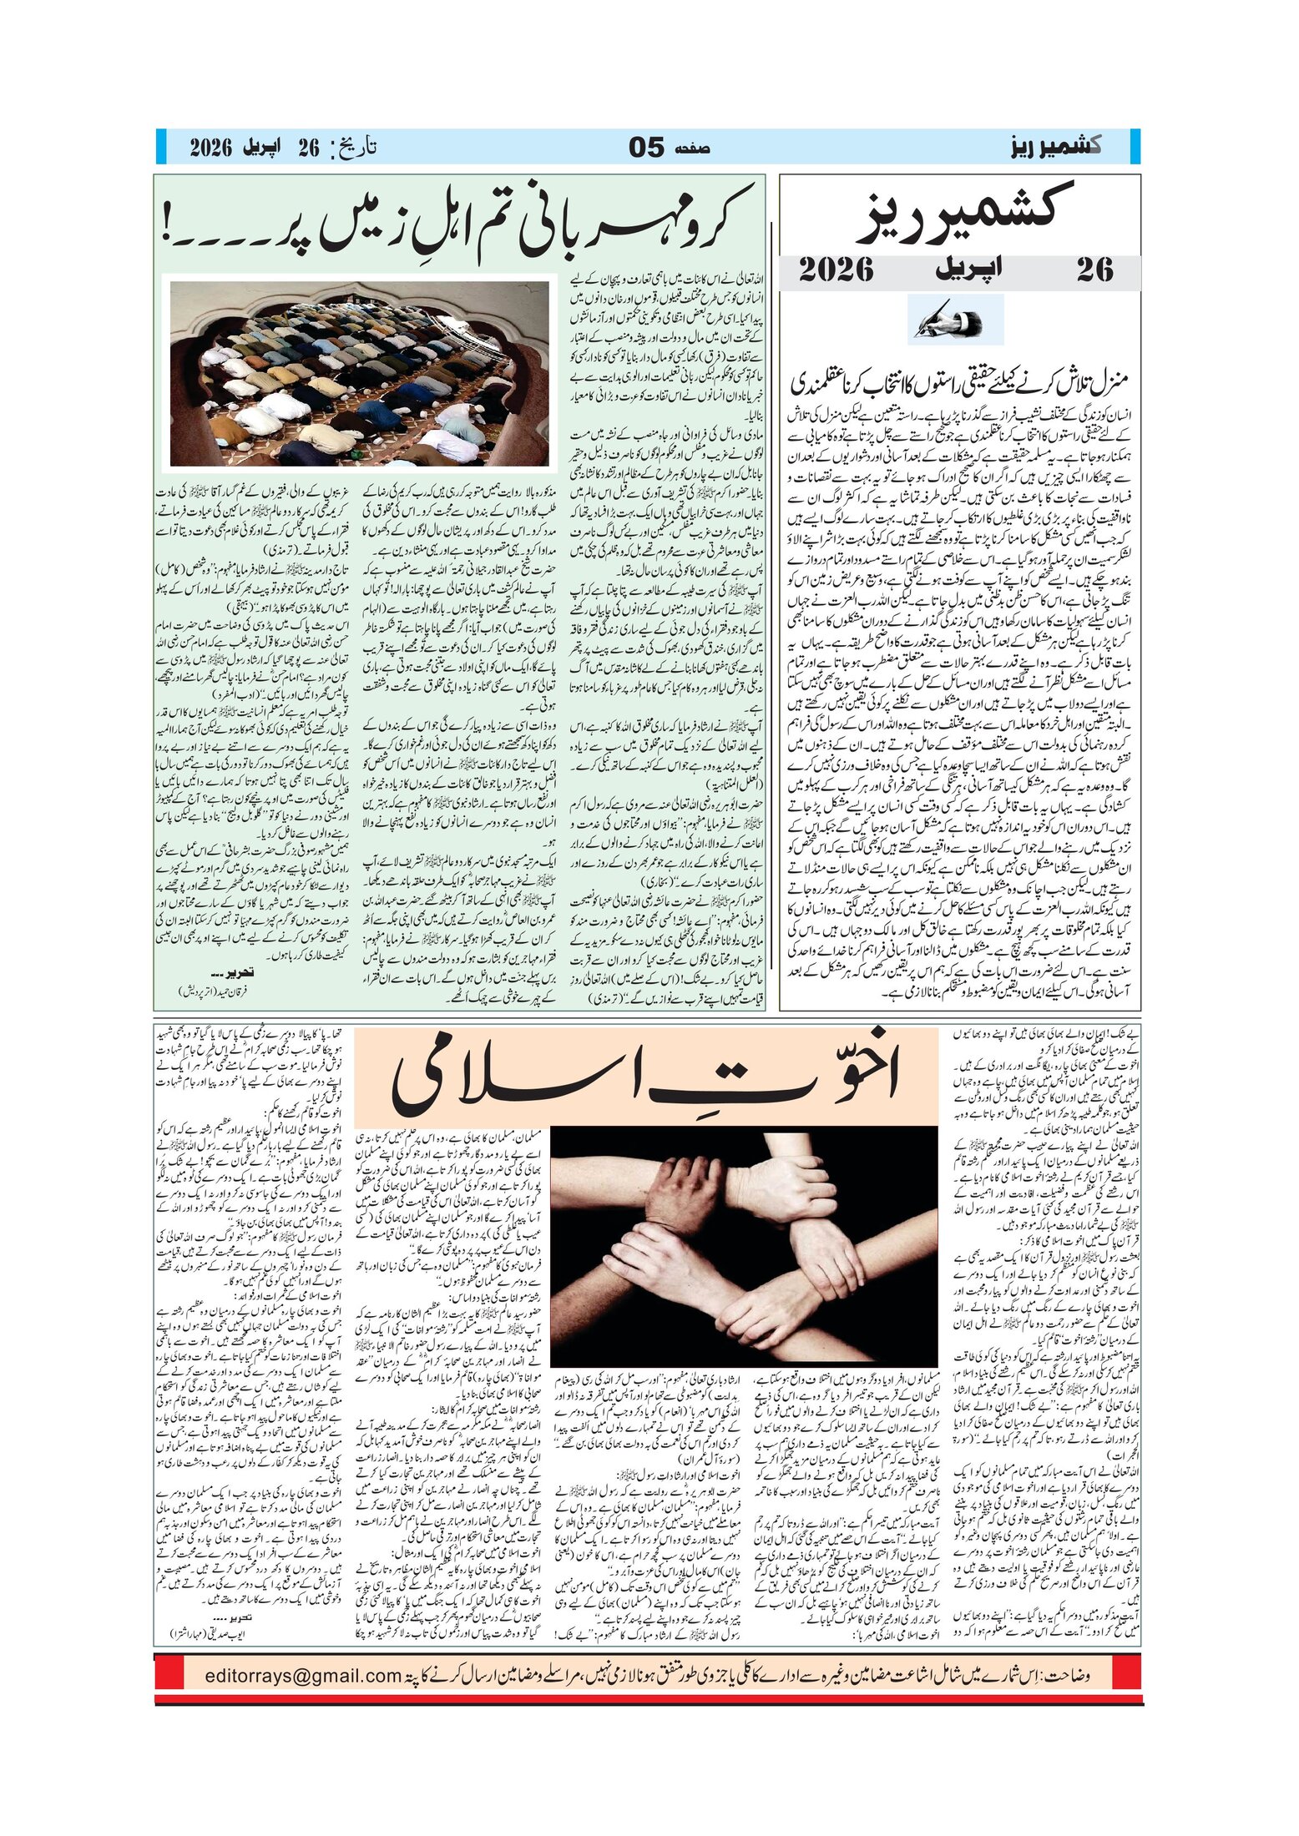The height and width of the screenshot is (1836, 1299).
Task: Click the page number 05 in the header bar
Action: pyautogui.click(x=646, y=149)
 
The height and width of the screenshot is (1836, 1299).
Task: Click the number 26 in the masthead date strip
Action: pyautogui.click(x=1094, y=270)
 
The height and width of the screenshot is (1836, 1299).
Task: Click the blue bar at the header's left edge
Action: pyautogui.click(x=159, y=148)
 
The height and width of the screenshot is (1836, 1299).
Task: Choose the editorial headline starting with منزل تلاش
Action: pyautogui.click(x=958, y=383)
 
